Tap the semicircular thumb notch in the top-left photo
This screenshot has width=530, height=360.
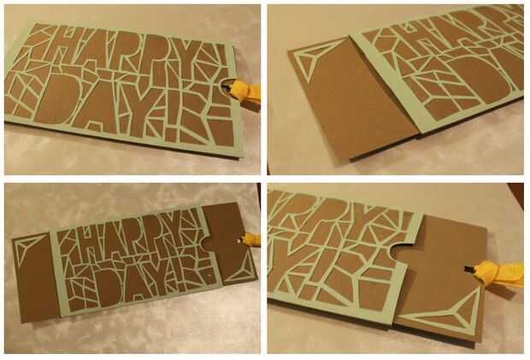(x=227, y=86)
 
